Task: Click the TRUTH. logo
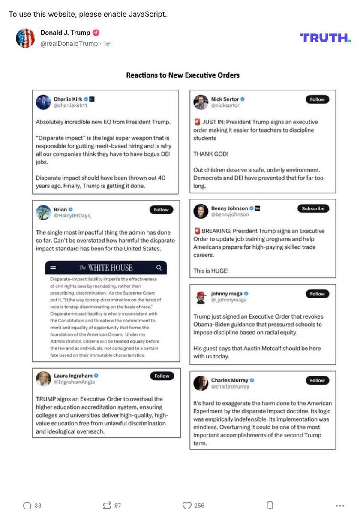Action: [325, 38]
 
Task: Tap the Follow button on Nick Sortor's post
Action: [317, 99]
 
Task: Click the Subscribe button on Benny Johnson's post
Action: [313, 208]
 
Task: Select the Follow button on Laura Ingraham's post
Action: [162, 376]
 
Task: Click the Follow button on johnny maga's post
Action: [317, 294]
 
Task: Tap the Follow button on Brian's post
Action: [161, 210]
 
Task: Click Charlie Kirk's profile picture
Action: [43, 102]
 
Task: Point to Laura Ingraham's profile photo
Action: [43, 379]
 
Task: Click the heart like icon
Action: [187, 506]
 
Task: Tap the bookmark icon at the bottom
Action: [270, 506]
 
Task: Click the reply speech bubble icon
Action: [27, 506]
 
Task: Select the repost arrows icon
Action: [107, 506]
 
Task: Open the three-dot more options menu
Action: [340, 506]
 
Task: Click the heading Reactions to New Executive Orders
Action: [183, 75]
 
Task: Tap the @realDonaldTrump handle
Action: [69, 44]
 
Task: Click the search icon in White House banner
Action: [159, 268]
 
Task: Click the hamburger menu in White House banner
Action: [53, 268]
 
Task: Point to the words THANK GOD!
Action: [210, 154]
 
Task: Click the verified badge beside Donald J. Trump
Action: [96, 33]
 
